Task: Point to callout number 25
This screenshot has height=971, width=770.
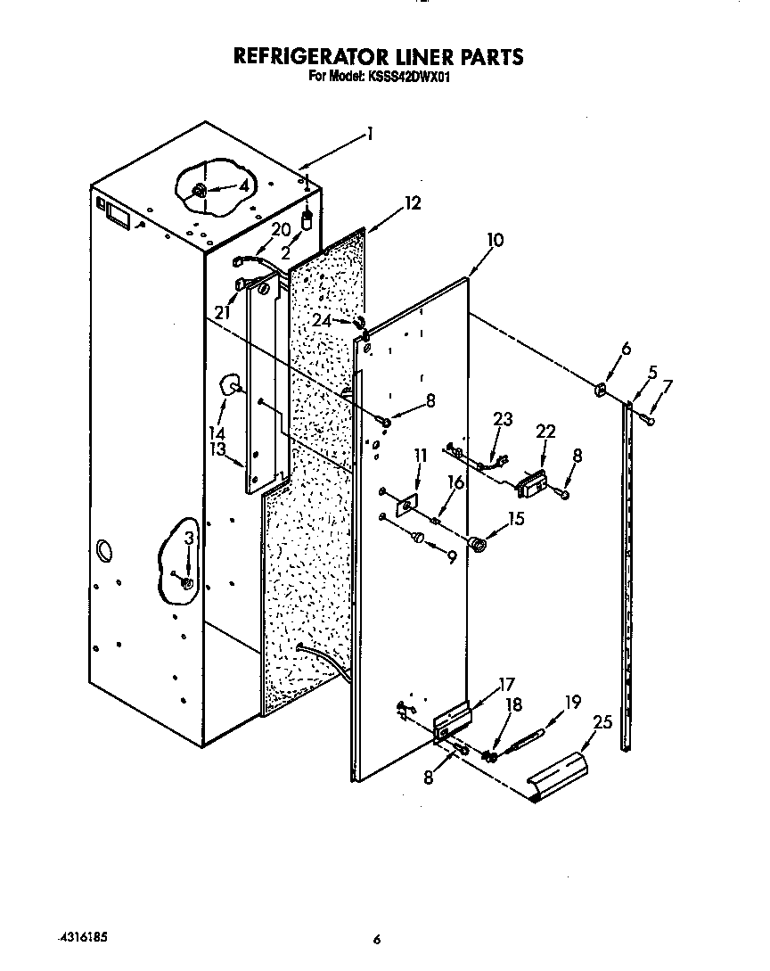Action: coord(602,723)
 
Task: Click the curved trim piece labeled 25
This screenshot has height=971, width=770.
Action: coord(560,775)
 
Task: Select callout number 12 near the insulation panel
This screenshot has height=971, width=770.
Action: coord(412,203)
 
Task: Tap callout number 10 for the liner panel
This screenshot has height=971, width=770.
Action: coord(496,240)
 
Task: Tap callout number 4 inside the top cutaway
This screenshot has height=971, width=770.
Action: coord(242,186)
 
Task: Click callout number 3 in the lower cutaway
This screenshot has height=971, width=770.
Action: coord(188,538)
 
